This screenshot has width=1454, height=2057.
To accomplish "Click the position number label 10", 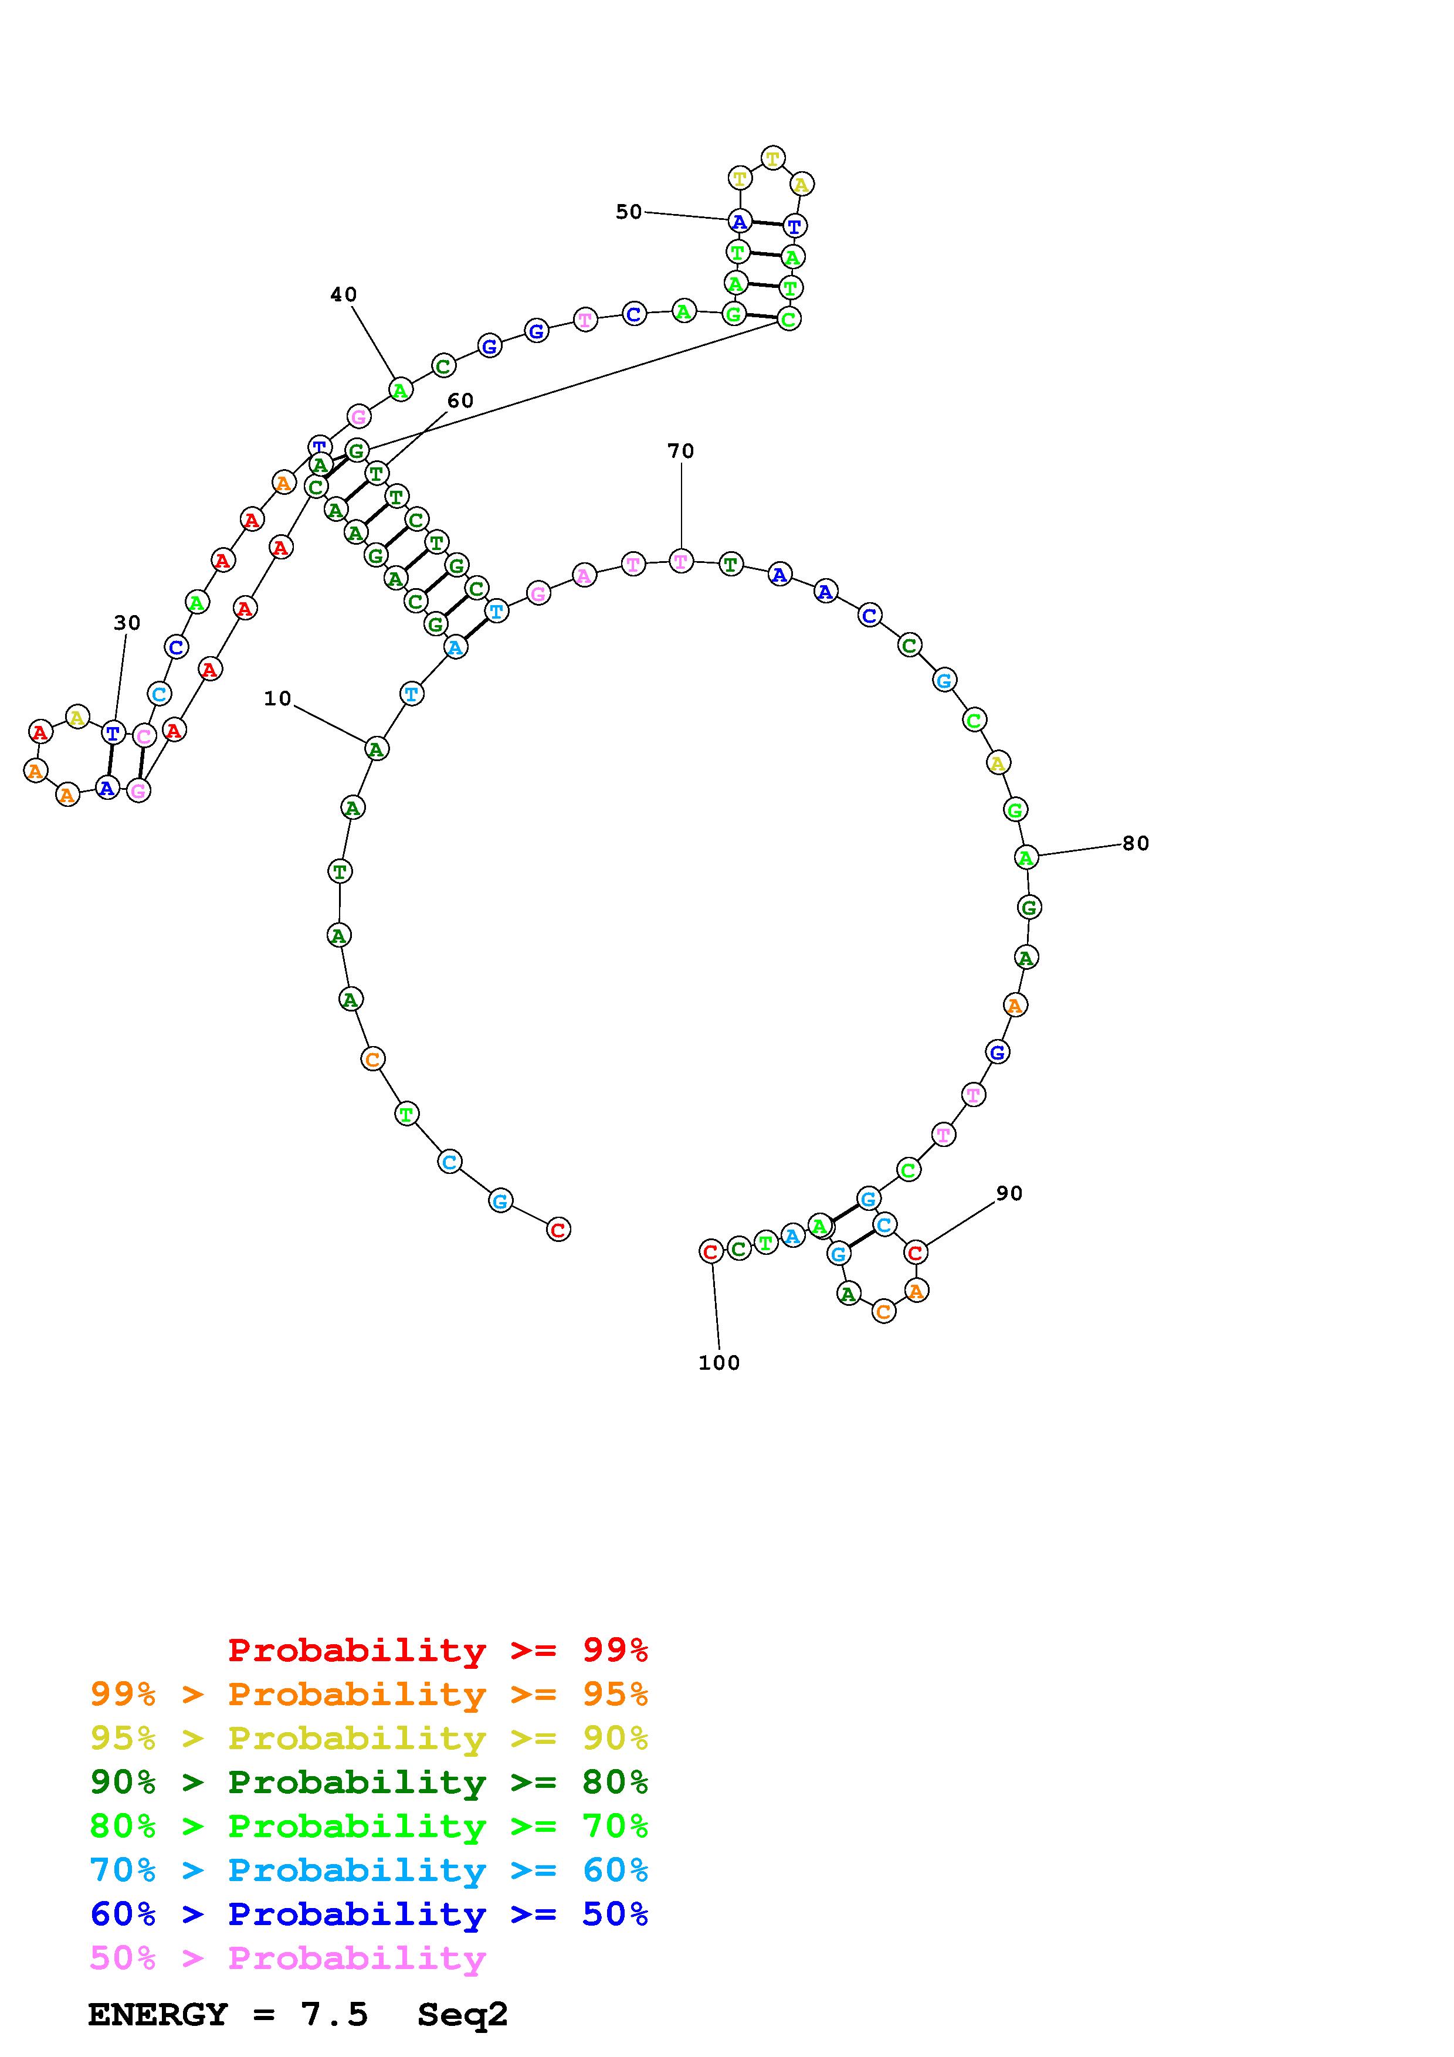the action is [277, 699].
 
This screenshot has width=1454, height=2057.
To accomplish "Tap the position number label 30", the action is [127, 623].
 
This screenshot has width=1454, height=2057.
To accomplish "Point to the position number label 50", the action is [629, 212].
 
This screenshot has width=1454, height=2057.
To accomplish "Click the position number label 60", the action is [460, 400].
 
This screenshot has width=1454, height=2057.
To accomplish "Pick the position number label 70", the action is [681, 452].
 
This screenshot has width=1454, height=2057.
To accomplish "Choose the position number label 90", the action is [1009, 1193].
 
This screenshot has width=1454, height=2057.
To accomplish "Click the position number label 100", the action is [720, 1363].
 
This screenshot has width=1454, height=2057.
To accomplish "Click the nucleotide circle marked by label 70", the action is [681, 562].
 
